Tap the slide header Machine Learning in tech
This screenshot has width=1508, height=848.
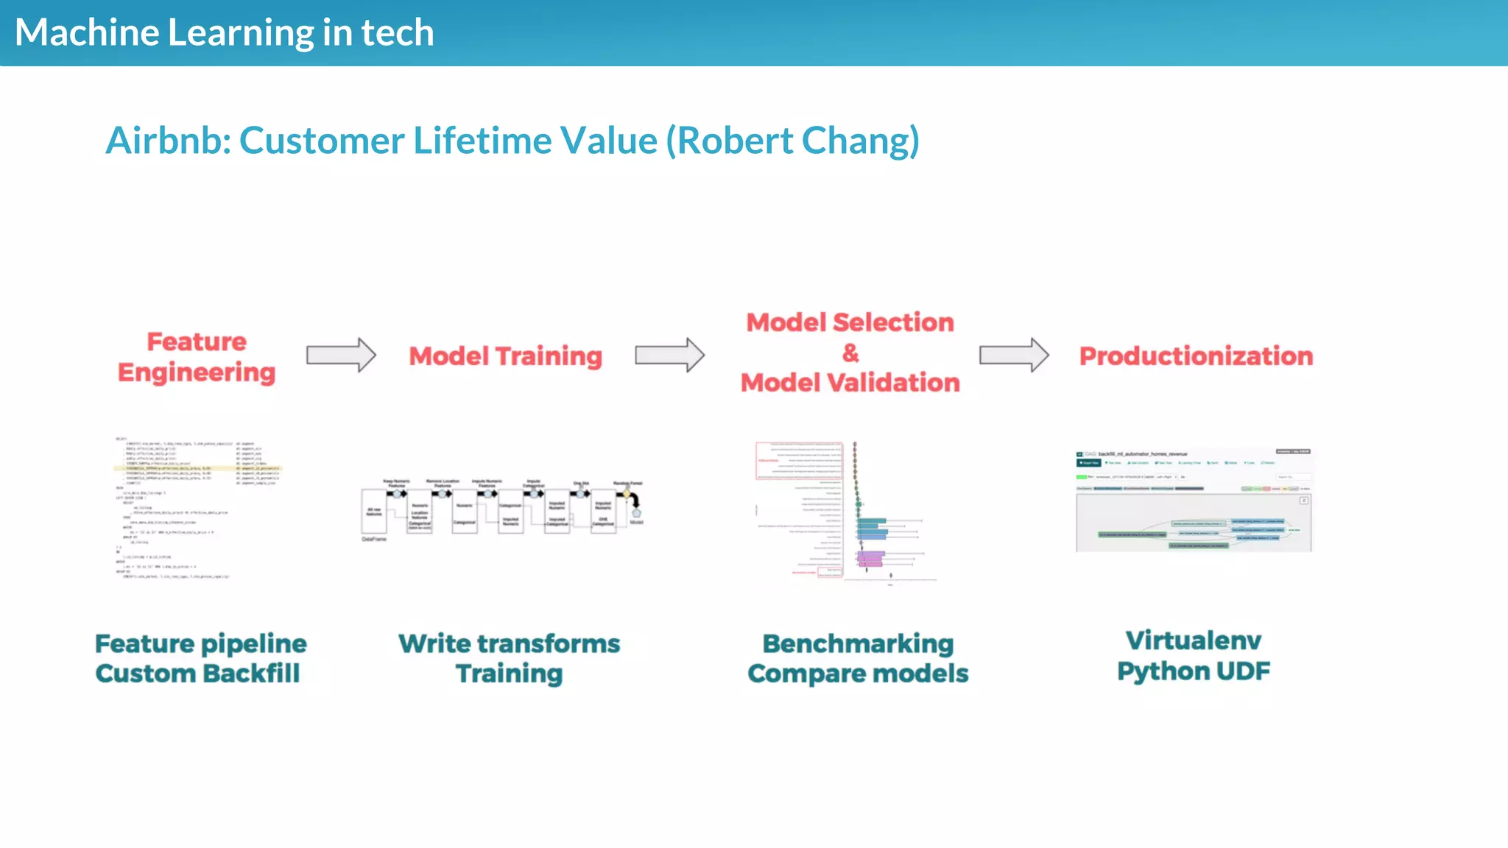[x=225, y=33]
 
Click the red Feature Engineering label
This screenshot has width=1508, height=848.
[x=197, y=357]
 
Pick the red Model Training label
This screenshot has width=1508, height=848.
[x=505, y=356]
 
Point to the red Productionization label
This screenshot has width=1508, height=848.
[x=1196, y=356]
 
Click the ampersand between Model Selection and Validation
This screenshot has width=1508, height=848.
[x=850, y=353]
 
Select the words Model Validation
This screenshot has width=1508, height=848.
[x=850, y=383]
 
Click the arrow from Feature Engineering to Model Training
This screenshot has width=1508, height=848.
[x=341, y=356]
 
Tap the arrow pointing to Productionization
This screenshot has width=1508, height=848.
[x=1013, y=356]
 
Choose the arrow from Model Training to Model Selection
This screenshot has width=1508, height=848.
[x=669, y=356]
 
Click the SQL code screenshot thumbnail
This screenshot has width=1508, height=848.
[x=197, y=508]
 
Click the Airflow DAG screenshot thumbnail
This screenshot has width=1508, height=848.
[x=1194, y=501]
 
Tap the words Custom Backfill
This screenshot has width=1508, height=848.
[x=197, y=674]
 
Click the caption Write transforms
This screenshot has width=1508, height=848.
[x=509, y=644]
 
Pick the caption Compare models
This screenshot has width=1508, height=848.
[x=858, y=674]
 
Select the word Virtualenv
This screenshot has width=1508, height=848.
[x=1193, y=640]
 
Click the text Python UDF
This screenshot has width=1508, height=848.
[x=1193, y=671]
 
